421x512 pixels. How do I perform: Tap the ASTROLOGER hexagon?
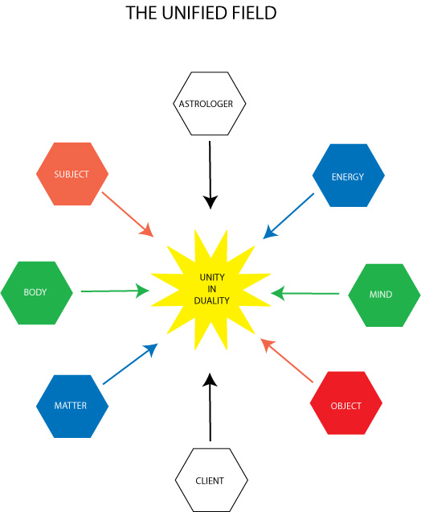click(x=209, y=104)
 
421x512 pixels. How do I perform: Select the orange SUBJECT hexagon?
click(x=72, y=174)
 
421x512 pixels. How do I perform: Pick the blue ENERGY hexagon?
click(x=349, y=175)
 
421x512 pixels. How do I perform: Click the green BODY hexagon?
click(x=36, y=293)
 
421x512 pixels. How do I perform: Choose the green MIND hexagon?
click(x=384, y=295)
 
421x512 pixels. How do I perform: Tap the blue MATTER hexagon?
click(x=72, y=407)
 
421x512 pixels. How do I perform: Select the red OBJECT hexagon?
click(x=346, y=403)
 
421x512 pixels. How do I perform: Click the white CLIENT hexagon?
click(x=211, y=480)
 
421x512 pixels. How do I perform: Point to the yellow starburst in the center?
click(x=211, y=290)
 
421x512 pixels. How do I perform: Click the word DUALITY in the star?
click(x=212, y=300)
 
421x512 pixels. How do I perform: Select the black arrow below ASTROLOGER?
click(x=210, y=175)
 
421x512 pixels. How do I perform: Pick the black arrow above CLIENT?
click(x=210, y=407)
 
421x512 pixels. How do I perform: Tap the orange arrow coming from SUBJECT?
click(x=128, y=214)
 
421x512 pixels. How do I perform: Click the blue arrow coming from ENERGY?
click(x=288, y=216)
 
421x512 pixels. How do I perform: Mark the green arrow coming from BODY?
click(x=115, y=291)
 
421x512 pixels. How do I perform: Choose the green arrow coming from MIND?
click(x=305, y=293)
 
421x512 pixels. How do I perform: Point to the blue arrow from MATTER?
click(x=130, y=364)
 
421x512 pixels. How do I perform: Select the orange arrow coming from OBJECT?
click(x=287, y=360)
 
